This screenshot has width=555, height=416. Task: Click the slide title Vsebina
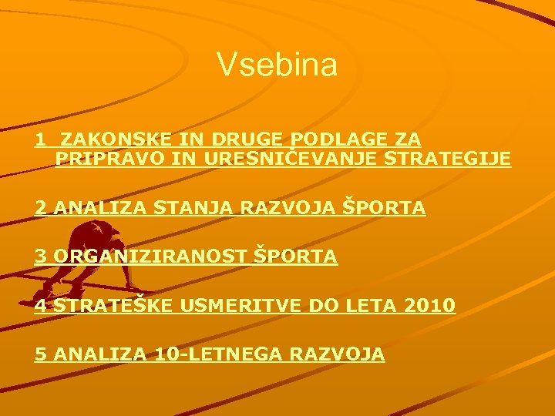pyautogui.click(x=277, y=65)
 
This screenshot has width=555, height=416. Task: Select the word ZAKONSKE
pyautogui.click(x=107, y=139)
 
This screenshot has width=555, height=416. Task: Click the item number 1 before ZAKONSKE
pyautogui.click(x=39, y=139)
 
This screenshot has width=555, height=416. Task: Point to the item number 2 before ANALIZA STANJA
pyautogui.click(x=40, y=208)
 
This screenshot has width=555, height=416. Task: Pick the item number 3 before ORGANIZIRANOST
pyautogui.click(x=40, y=257)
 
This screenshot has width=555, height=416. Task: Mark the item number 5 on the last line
pyautogui.click(x=40, y=354)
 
